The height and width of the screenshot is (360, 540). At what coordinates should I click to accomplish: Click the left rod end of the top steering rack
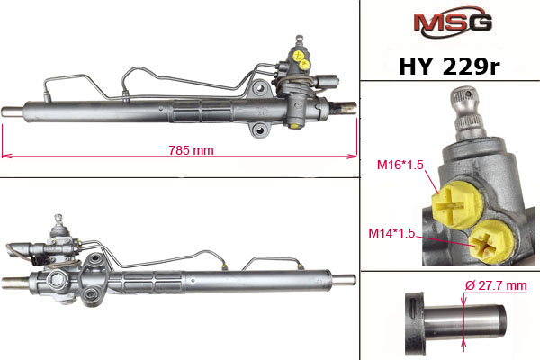tap(13, 112)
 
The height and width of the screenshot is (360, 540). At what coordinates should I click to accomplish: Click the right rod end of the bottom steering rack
tap(346, 277)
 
